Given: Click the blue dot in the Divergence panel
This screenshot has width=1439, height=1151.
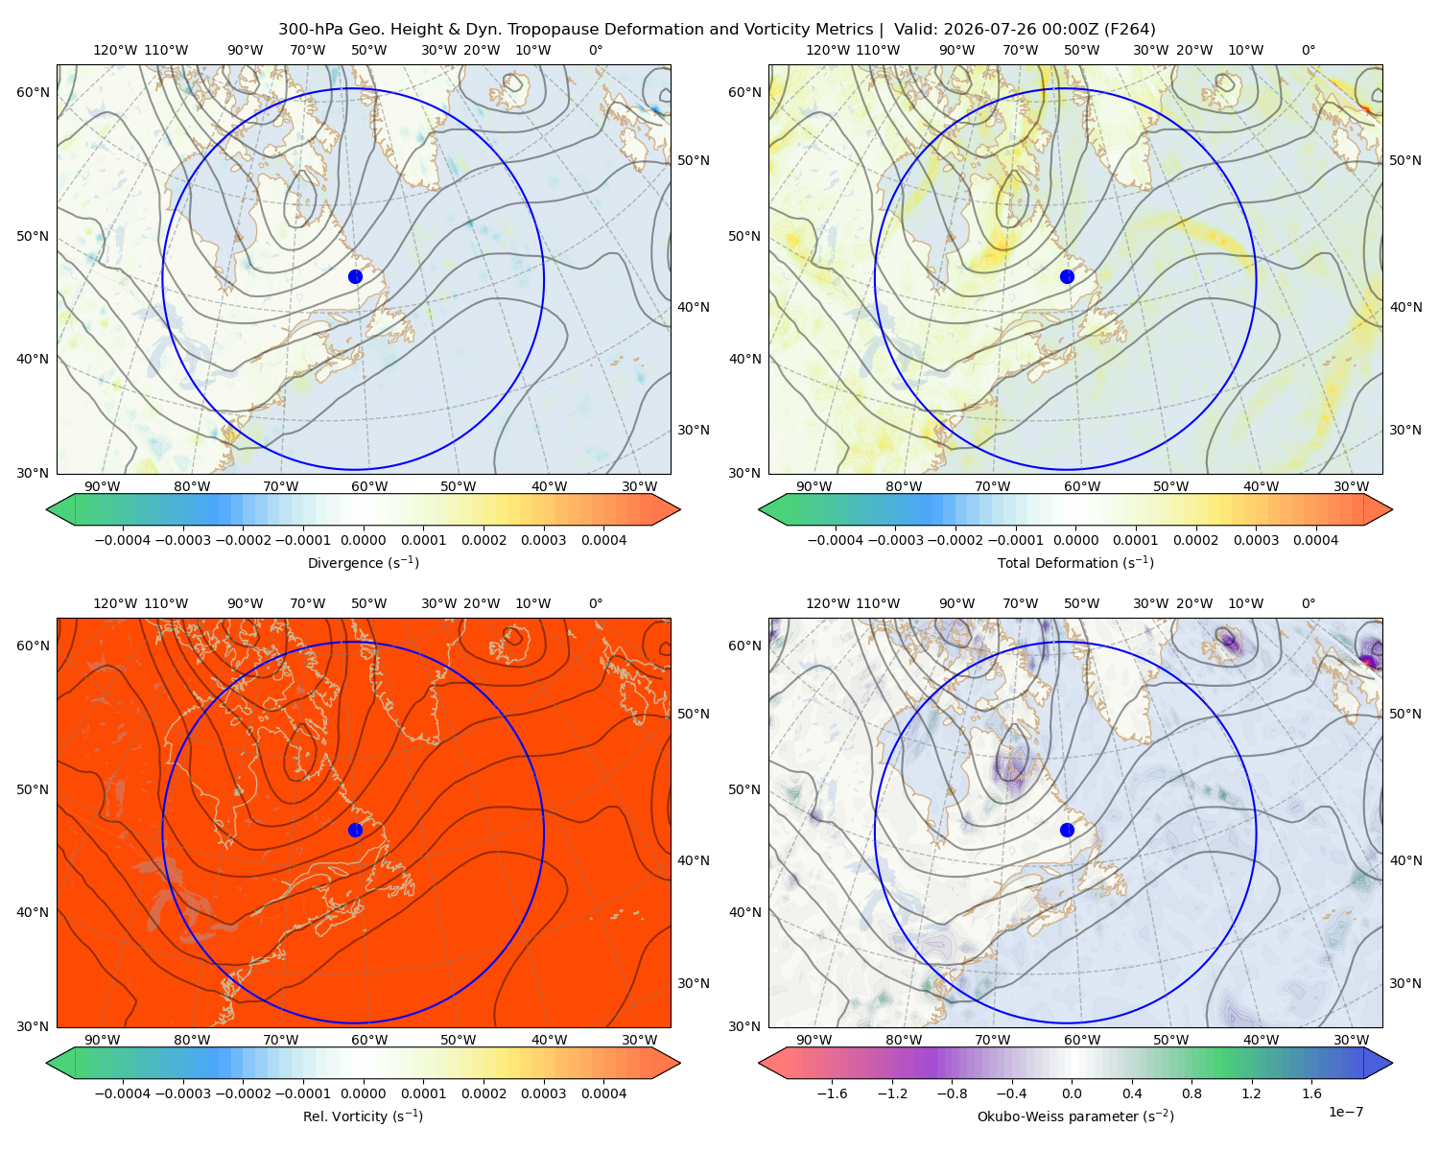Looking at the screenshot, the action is pos(355,277).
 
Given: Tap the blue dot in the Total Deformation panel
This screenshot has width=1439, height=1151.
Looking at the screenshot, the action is pos(1067,277).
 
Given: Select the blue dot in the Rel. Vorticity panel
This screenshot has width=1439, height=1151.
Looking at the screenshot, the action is pos(355,830).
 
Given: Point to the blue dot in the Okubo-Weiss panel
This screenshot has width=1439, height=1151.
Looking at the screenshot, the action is pos(1067,830).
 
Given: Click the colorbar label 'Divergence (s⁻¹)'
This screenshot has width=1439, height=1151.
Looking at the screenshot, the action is pos(363,562).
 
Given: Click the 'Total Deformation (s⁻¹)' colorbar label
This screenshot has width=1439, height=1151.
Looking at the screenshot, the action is pos(1075,562).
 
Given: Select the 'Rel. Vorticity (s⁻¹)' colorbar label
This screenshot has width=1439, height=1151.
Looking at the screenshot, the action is pos(363,1116).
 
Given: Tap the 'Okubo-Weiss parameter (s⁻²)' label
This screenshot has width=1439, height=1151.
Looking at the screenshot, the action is pos(1075,1116).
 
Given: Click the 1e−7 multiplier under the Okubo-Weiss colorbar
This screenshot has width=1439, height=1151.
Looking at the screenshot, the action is pos(1345,1112).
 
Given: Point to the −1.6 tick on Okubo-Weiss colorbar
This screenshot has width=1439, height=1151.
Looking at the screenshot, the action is pos(832,1093).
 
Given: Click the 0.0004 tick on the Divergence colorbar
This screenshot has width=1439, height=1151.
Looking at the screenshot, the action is pos(603,540).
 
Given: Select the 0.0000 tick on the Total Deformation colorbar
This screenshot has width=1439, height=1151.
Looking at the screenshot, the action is pos(1076,540).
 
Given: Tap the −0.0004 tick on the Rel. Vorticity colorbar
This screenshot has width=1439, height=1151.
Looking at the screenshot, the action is pos(123,1093).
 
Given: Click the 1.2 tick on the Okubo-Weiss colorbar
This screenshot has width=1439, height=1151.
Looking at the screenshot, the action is pos(1252,1093).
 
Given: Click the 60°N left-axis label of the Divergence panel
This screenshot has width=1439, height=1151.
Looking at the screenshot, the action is pos(33,92).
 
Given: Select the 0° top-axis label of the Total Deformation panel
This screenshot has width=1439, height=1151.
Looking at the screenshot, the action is pos(1309,50).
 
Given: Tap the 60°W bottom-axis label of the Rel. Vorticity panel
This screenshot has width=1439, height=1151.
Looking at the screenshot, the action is pos(369,1040).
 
